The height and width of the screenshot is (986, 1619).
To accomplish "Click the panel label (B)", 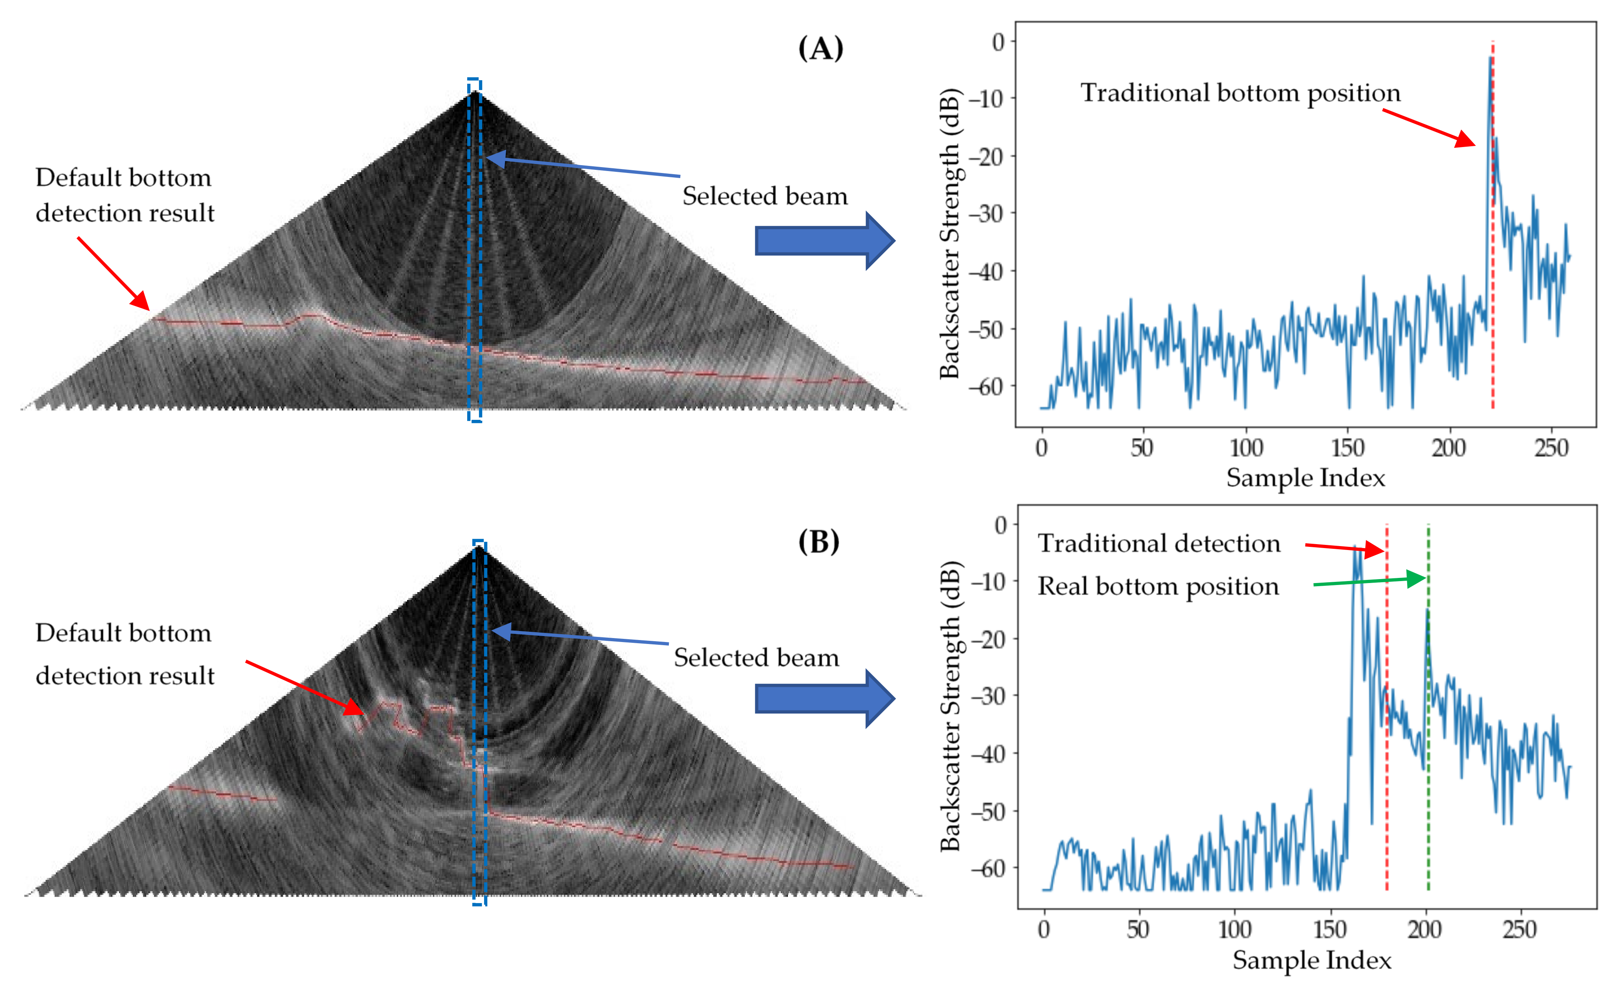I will pyautogui.click(x=819, y=542).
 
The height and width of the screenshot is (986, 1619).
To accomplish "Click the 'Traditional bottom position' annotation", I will pyautogui.click(x=1240, y=93).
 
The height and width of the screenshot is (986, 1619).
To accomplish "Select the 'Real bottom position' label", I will pyautogui.click(x=1158, y=586).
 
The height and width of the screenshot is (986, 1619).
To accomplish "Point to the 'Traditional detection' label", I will pyautogui.click(x=1158, y=544).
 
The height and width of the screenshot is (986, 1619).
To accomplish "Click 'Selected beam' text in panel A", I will pyautogui.click(x=765, y=196).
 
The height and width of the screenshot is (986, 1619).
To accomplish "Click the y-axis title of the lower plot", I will pyautogui.click(x=950, y=706).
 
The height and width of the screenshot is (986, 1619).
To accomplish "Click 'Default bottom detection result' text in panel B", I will pyautogui.click(x=125, y=654).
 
